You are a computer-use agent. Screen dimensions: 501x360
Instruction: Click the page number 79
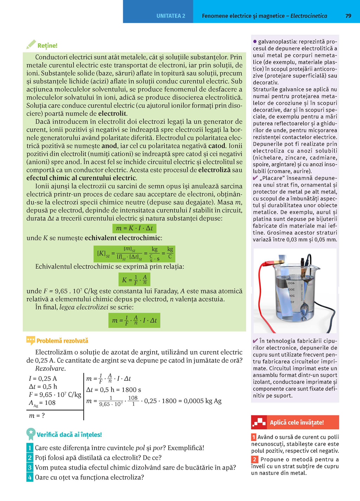pyautogui.click(x=348, y=16)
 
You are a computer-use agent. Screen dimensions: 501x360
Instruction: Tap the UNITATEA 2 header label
pyautogui.click(x=171, y=16)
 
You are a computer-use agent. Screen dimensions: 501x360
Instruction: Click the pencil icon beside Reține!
pyautogui.click(x=31, y=44)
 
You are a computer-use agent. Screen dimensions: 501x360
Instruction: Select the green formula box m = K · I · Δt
pyautogui.click(x=134, y=228)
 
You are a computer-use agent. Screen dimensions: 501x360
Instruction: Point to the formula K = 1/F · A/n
pyautogui.click(x=134, y=280)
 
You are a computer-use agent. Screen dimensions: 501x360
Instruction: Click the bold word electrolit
pyautogui.click(x=112, y=114)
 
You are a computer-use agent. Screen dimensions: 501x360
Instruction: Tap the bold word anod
pyautogui.click(x=109, y=146)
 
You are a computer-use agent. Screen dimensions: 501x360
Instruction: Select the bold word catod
pyautogui.click(x=217, y=146)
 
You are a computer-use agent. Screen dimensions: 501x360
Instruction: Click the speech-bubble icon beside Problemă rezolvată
pyautogui.click(x=31, y=340)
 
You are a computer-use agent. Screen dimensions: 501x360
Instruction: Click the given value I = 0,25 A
pyautogui.click(x=43, y=379)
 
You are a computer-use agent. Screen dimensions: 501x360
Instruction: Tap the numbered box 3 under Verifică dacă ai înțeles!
pyautogui.click(x=30, y=468)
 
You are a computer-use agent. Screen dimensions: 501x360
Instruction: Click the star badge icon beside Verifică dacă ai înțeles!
pyautogui.click(x=31, y=433)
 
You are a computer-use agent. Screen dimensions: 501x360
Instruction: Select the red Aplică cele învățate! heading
pyautogui.click(x=295, y=422)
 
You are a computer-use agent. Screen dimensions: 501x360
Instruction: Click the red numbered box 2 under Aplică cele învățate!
pyautogui.click(x=255, y=459)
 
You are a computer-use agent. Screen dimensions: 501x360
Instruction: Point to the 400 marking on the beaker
pyautogui.click(x=291, y=283)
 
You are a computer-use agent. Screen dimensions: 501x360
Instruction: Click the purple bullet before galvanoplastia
pyautogui.click(x=255, y=42)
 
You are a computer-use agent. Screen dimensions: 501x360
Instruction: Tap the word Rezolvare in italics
pyautogui.click(x=50, y=369)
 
